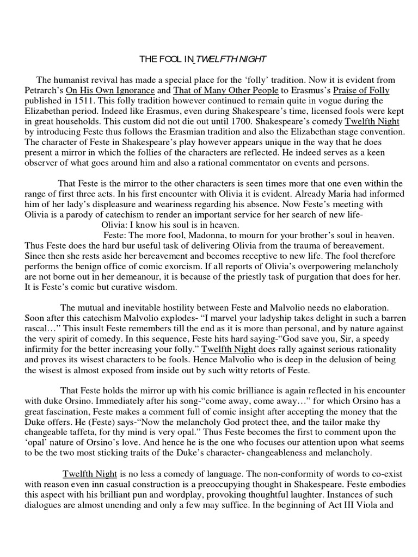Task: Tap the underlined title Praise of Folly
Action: (361, 90)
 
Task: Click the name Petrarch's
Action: (44, 90)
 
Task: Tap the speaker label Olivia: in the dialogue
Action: (115, 225)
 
